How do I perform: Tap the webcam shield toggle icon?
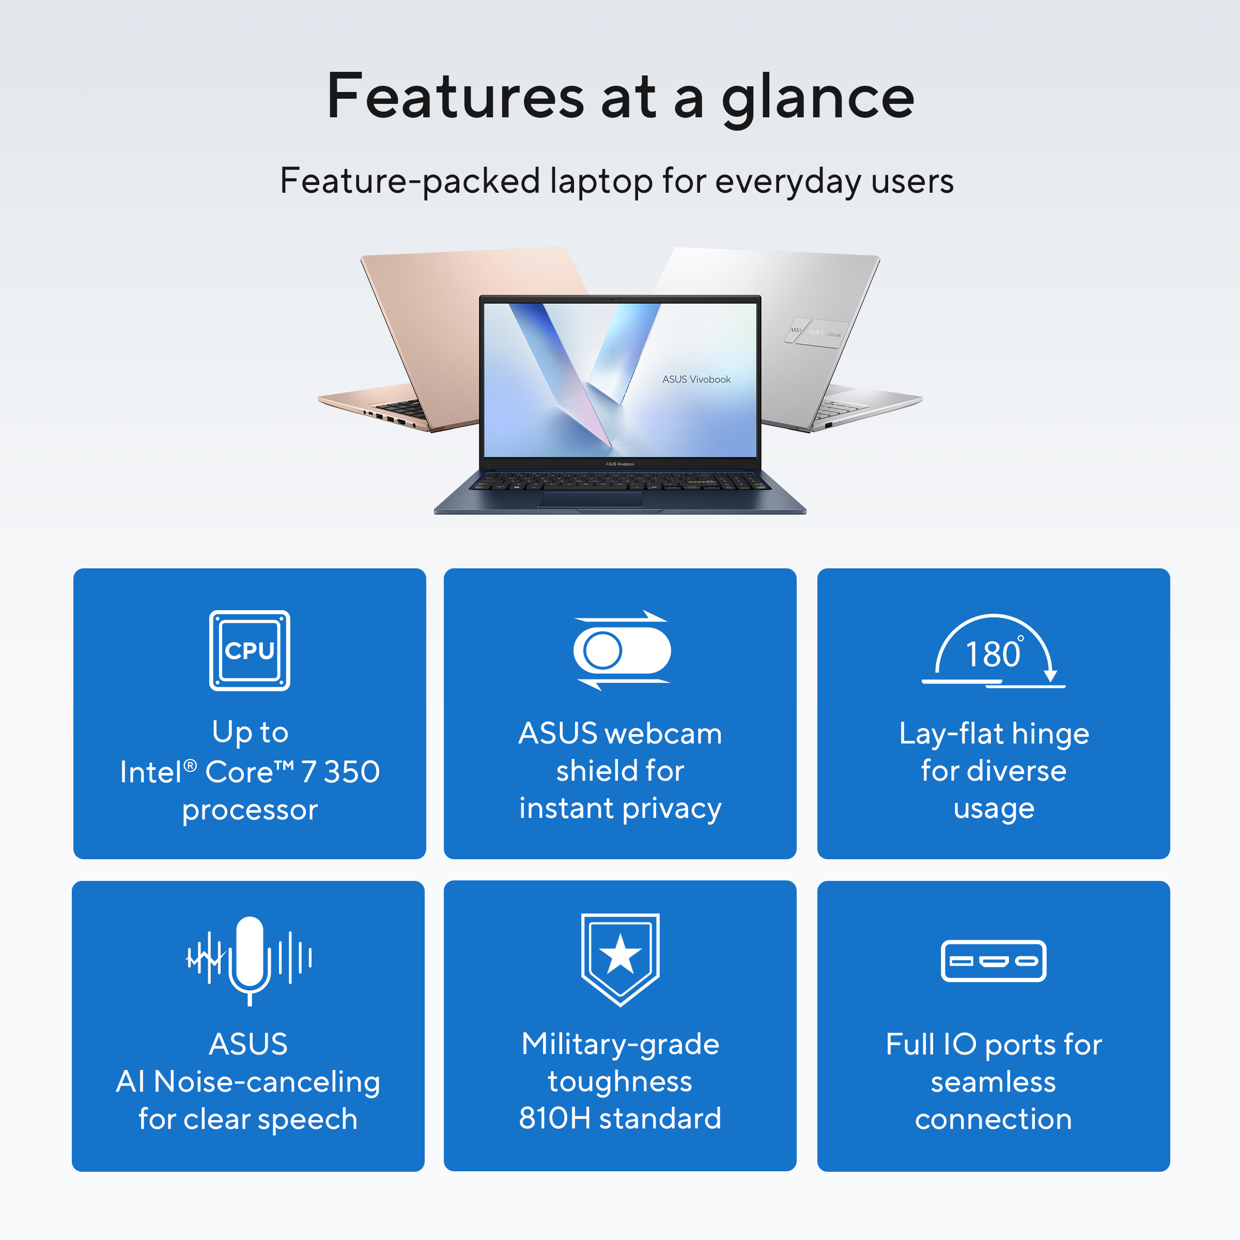(x=621, y=650)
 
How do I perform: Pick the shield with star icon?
(x=620, y=959)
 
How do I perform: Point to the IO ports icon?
(x=994, y=961)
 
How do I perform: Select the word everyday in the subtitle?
(x=787, y=182)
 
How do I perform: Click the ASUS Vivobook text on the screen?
(x=696, y=379)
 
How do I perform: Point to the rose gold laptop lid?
(x=475, y=321)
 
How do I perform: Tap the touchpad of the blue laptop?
(x=591, y=499)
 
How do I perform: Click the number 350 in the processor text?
(x=352, y=771)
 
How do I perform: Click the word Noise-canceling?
(x=267, y=1081)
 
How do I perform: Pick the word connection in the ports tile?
(x=994, y=1119)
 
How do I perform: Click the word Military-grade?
(x=621, y=1045)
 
